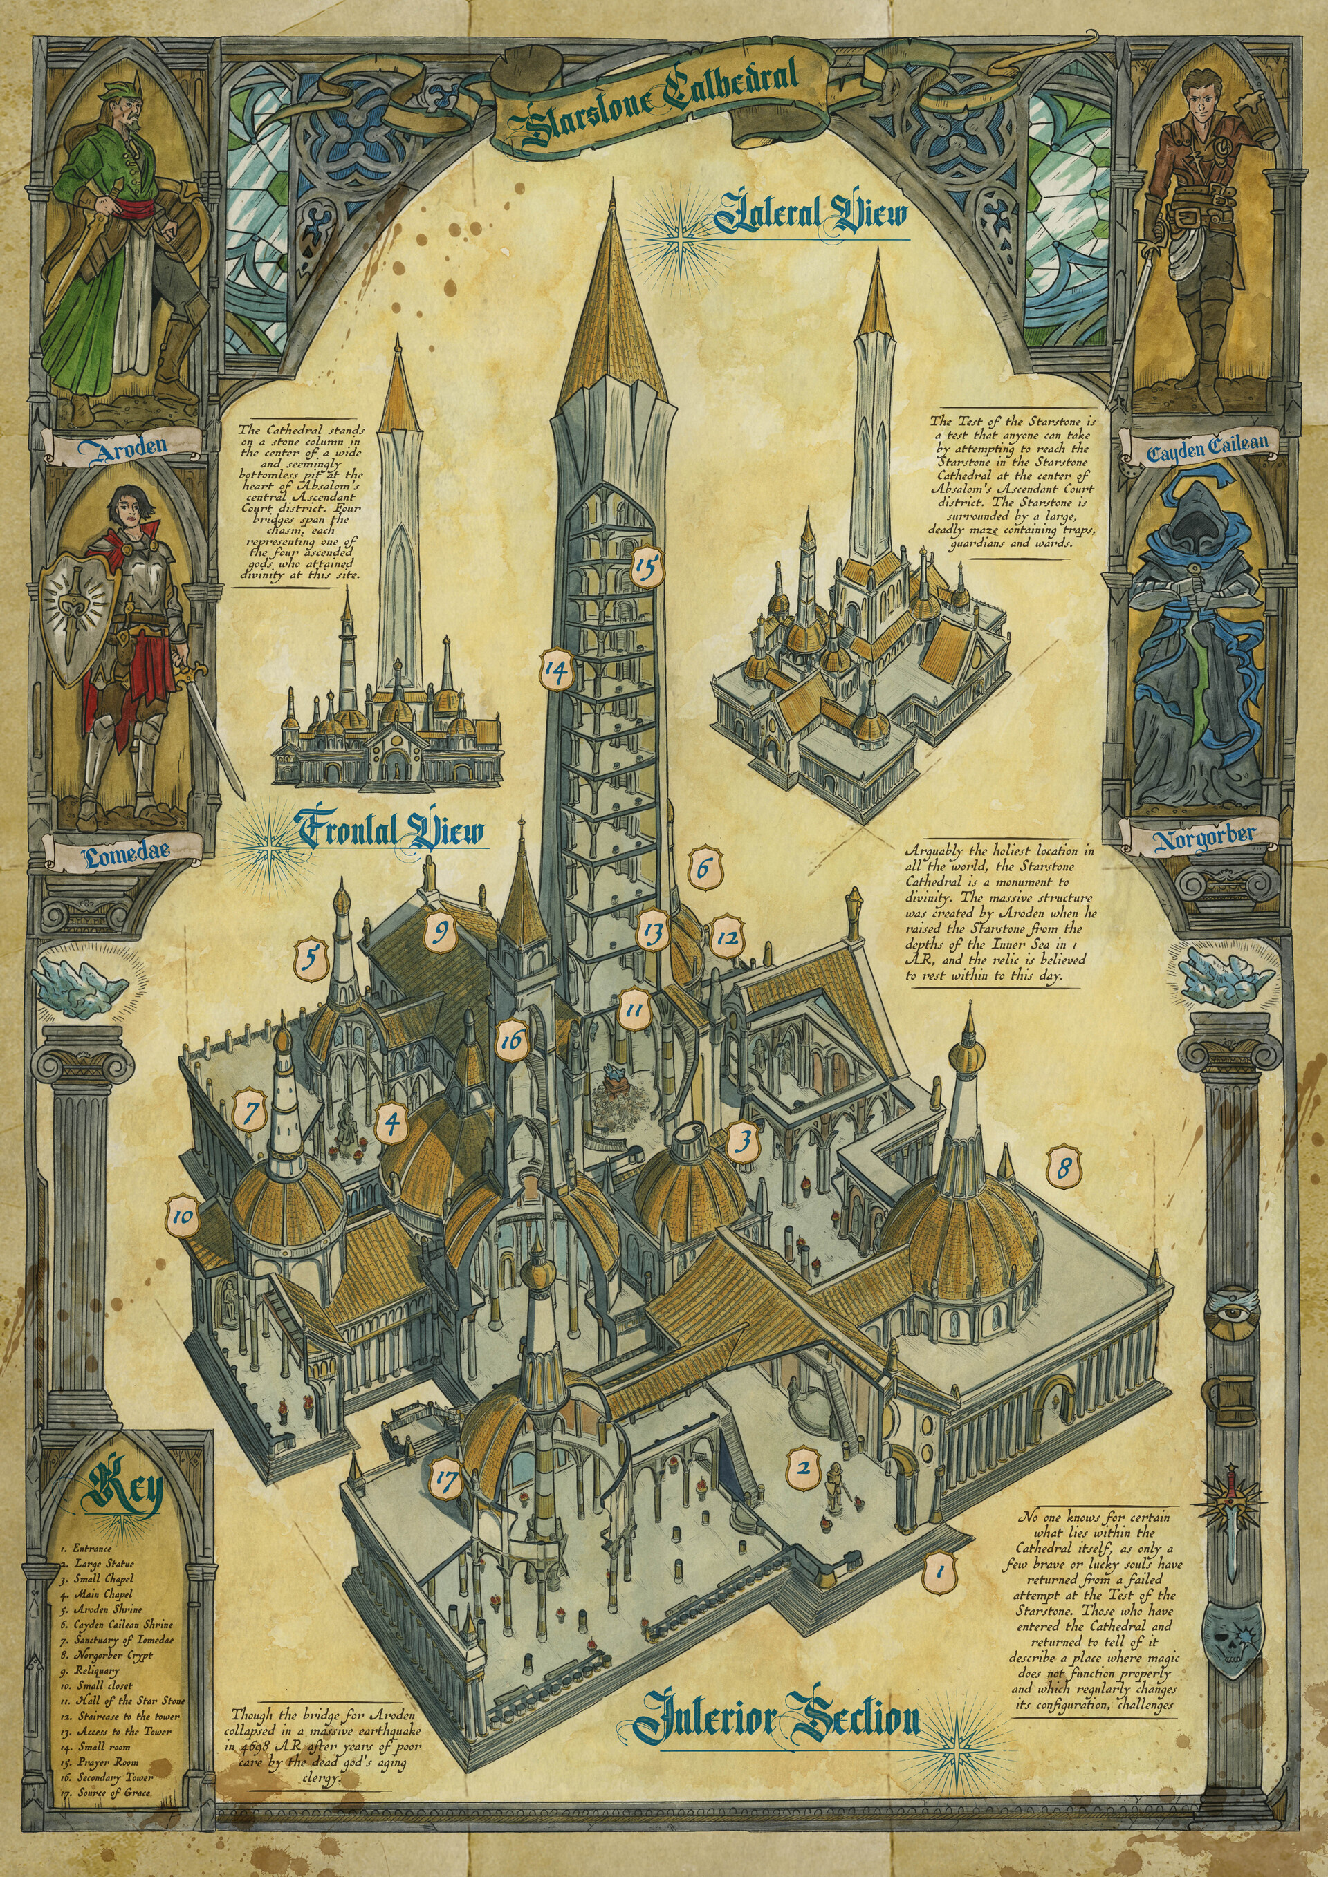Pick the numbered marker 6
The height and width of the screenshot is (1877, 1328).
pos(705,869)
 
